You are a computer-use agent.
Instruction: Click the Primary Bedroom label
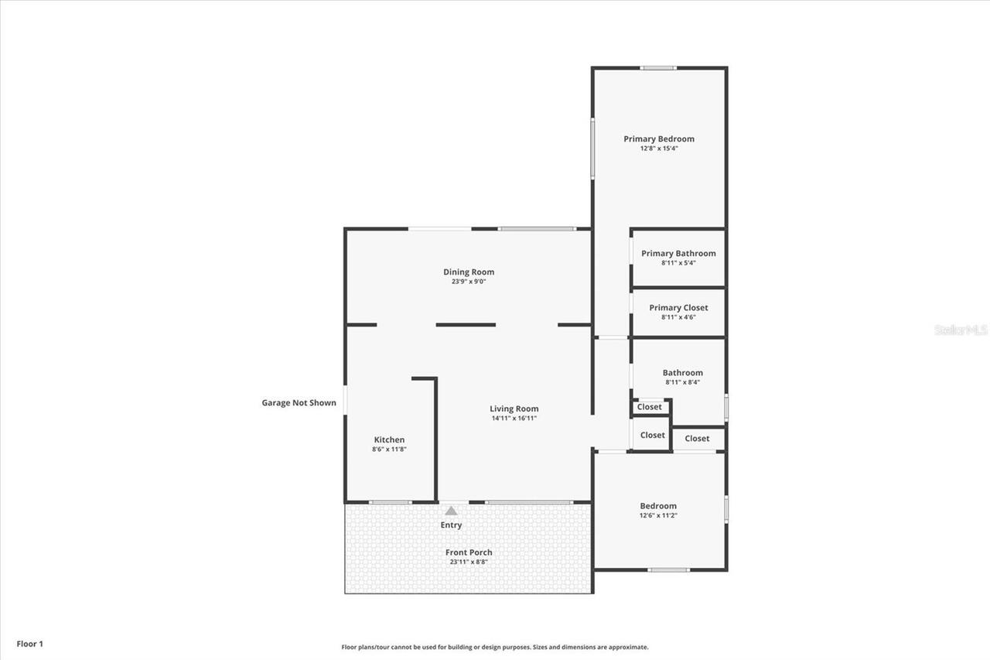[659, 139]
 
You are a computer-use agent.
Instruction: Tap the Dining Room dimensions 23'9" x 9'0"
[469, 282]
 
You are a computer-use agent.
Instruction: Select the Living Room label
[514, 409]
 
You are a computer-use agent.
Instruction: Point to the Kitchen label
[389, 439]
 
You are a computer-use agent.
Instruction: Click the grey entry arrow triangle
[451, 511]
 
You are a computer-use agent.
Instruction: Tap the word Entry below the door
[451, 525]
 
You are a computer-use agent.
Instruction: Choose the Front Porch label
[469, 552]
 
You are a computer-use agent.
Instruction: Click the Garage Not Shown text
[299, 402]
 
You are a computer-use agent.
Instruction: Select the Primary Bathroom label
[678, 253]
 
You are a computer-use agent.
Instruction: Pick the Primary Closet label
[678, 307]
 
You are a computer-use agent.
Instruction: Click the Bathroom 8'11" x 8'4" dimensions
[682, 381]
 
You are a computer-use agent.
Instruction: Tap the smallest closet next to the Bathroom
[650, 407]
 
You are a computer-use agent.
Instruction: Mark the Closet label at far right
[697, 438]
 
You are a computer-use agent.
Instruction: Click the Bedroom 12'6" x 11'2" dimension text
[658, 515]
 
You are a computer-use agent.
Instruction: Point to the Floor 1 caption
[30, 644]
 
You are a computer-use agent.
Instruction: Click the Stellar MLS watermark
[961, 330]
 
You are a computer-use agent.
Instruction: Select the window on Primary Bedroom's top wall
[658, 68]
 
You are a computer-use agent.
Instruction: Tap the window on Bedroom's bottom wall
[668, 570]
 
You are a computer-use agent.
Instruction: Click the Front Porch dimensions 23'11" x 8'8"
[469, 562]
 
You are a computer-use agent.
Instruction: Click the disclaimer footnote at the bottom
[495, 647]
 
